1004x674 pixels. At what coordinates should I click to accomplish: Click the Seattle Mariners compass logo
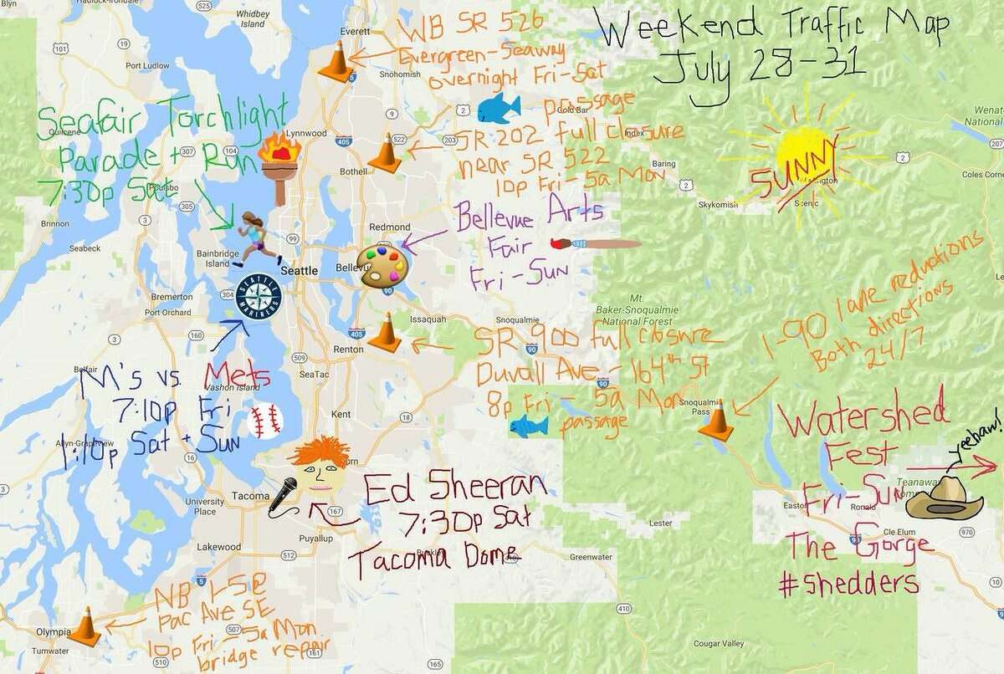click(x=258, y=296)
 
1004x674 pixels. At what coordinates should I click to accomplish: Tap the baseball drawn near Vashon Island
click(x=264, y=421)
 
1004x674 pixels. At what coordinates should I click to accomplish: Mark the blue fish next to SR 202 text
click(x=499, y=108)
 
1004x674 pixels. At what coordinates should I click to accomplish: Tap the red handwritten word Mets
click(x=238, y=373)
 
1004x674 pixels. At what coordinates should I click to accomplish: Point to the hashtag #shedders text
click(x=848, y=584)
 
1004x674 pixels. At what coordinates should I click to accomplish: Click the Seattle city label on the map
click(x=299, y=271)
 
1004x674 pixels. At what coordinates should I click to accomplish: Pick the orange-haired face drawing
click(x=319, y=465)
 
